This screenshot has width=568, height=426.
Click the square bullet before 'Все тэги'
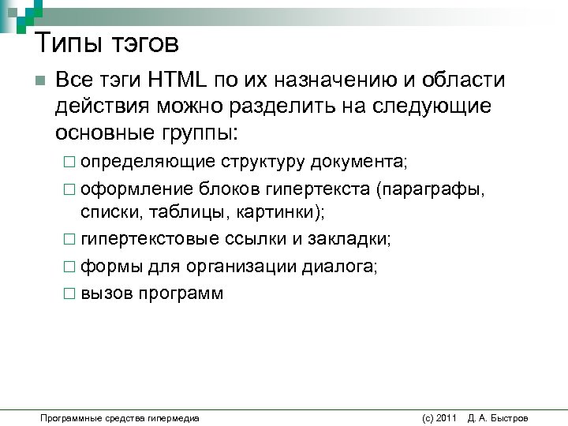point(40,82)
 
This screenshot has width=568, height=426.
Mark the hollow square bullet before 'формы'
point(69,267)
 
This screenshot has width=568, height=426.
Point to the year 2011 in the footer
point(446,417)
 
